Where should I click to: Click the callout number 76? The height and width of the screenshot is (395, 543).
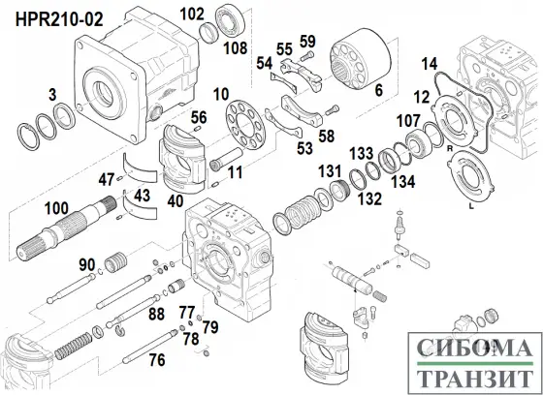coord(155,360)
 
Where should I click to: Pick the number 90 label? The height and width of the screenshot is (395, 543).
coord(85,264)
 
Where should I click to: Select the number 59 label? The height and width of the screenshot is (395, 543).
coord(307,40)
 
